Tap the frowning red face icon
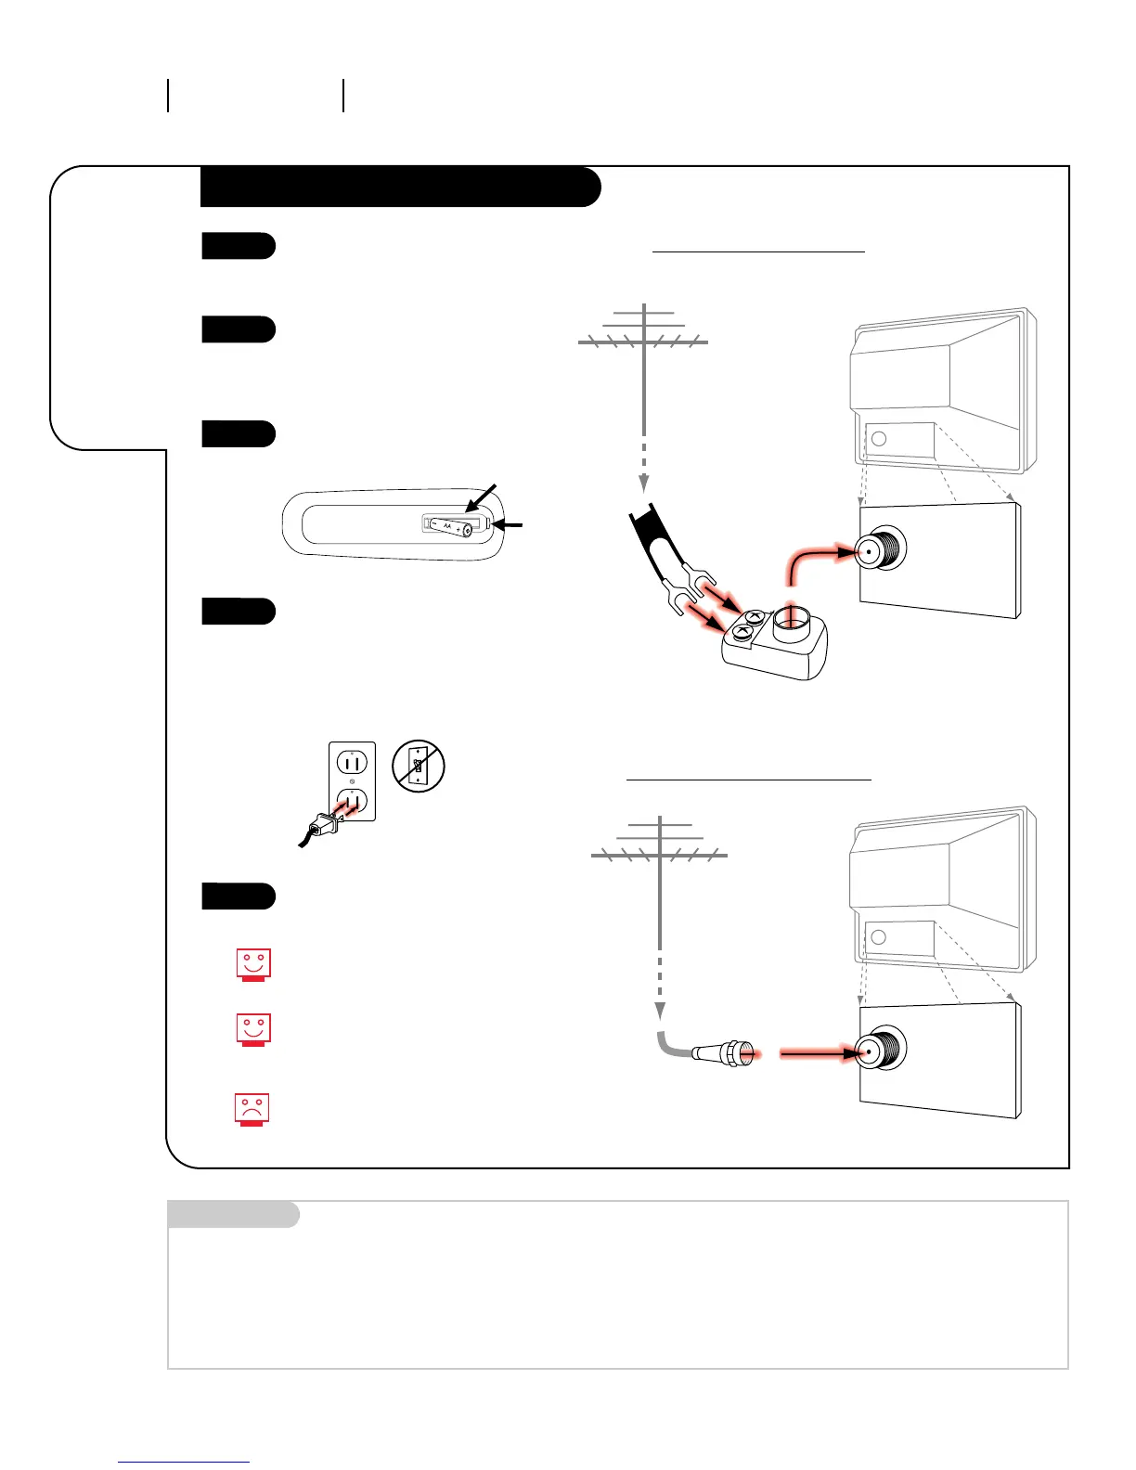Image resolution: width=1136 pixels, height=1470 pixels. pos(252,1109)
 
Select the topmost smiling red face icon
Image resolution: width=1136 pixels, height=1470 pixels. pos(252,963)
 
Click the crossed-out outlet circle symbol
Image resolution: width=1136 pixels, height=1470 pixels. pos(419,766)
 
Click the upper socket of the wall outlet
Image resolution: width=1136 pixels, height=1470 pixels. pos(353,763)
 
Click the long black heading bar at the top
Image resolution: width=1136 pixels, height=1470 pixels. pos(399,187)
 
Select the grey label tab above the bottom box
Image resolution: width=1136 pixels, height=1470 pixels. pos(233,1214)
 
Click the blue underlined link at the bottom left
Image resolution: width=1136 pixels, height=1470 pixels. pos(183,1462)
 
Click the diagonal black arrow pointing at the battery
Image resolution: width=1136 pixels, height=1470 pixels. pos(483,497)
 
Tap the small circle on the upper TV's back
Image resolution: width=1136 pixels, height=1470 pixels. pos(880,439)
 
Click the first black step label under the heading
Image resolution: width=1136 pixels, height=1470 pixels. pos(238,246)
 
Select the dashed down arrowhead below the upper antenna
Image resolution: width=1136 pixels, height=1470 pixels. pos(643,484)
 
